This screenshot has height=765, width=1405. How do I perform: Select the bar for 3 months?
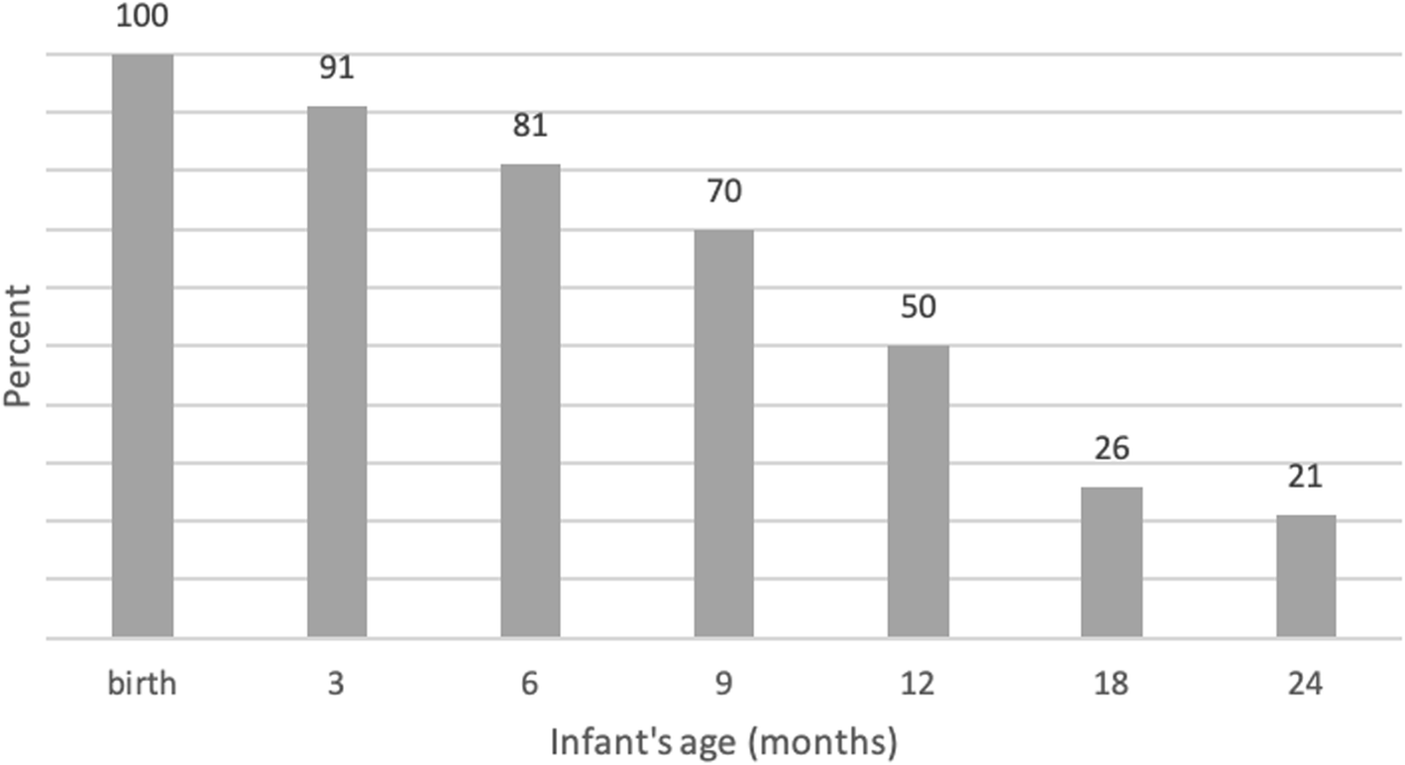[337, 372]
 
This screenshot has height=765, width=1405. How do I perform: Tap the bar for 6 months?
[530, 400]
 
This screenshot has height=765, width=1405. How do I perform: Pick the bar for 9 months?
[723, 433]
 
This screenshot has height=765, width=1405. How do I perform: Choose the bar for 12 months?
[918, 491]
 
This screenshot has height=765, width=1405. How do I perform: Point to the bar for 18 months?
[1111, 562]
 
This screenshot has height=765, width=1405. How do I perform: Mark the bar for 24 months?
[1305, 576]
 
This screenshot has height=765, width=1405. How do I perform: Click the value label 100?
[143, 17]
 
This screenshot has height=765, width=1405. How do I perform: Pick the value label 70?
[723, 191]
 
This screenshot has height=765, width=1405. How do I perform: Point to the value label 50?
[918, 307]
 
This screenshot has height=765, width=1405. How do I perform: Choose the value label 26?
[1111, 449]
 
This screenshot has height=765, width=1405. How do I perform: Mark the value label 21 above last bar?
[1305, 477]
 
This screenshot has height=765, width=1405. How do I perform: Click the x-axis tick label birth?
[143, 684]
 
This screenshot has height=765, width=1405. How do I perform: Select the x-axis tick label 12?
[918, 684]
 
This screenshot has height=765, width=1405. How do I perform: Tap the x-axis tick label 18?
[1111, 684]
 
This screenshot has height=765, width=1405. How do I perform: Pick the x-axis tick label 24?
[1305, 684]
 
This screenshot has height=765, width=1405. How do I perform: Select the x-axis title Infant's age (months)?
[723, 741]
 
